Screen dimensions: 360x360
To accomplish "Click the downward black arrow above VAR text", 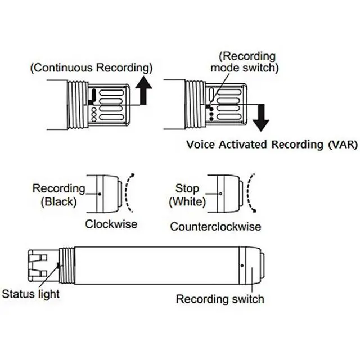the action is point(261,118).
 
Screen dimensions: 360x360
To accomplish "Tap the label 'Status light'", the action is point(31,294).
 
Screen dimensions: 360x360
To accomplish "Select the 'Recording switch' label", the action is point(220,299).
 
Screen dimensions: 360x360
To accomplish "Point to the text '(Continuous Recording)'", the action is point(91,67).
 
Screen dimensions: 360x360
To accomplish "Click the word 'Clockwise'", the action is point(111,224).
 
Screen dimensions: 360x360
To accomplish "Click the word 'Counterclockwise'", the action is point(215,227).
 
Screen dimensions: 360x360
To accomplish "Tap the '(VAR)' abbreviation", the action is point(343,145).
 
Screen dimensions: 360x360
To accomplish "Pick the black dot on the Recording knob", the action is point(100,194).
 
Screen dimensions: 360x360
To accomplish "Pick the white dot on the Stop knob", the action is point(220,193).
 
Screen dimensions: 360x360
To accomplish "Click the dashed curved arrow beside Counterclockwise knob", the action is point(250,192).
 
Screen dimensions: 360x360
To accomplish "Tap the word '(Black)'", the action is point(58,202).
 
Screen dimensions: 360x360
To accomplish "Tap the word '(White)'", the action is point(187,202).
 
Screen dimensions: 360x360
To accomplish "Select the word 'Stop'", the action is point(187,189).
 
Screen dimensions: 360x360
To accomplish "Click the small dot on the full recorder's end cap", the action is point(242,265).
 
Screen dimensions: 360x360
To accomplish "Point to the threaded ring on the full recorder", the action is point(66,265).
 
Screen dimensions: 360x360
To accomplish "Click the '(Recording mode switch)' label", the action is point(245,62).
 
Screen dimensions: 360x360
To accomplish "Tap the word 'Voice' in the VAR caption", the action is point(201,145).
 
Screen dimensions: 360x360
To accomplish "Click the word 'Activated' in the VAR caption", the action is point(242,145).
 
